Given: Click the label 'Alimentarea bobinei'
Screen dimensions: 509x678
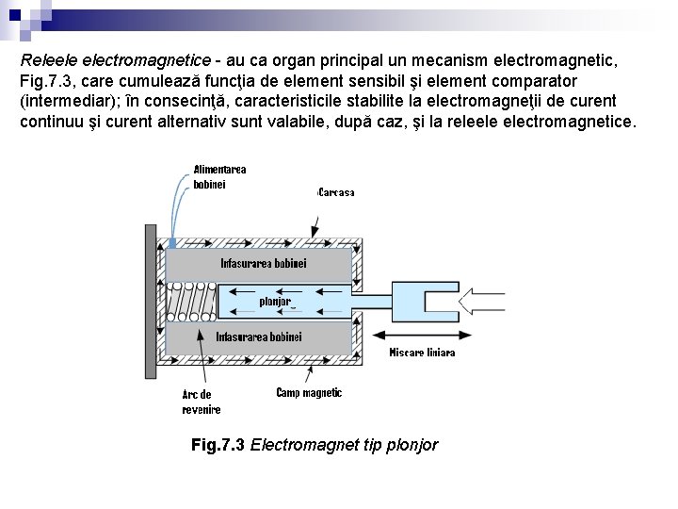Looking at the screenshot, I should point(219,176).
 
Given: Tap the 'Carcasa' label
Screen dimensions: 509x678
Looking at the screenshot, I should point(336,192).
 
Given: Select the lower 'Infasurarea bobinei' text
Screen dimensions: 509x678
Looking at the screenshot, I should point(259,337).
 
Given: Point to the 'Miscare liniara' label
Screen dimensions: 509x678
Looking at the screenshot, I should point(422,353).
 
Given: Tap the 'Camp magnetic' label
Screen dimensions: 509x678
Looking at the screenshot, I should point(309,392).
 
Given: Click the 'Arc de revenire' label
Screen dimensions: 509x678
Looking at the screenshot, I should point(201,402).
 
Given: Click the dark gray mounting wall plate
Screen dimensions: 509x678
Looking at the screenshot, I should point(151,300).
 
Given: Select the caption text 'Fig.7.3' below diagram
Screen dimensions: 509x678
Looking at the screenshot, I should point(218,444).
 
